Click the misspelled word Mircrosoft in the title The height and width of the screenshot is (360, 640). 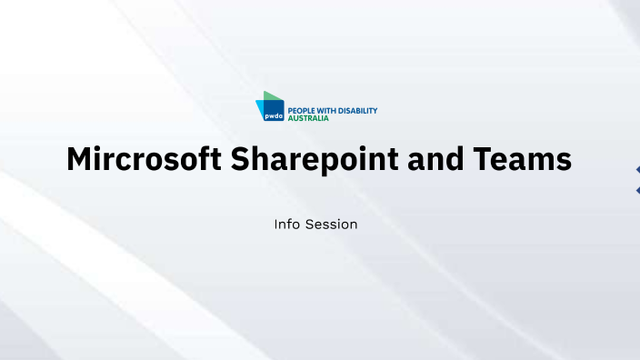coord(144,160)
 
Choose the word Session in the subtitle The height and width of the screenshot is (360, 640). coord(332,224)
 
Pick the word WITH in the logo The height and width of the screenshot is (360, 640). coord(328,111)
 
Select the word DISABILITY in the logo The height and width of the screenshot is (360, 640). coord(358,111)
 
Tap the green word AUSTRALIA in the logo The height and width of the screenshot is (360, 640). coord(308,119)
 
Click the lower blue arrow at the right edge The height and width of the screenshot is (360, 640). coord(636,189)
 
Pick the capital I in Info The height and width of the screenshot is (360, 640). coord(276,224)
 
